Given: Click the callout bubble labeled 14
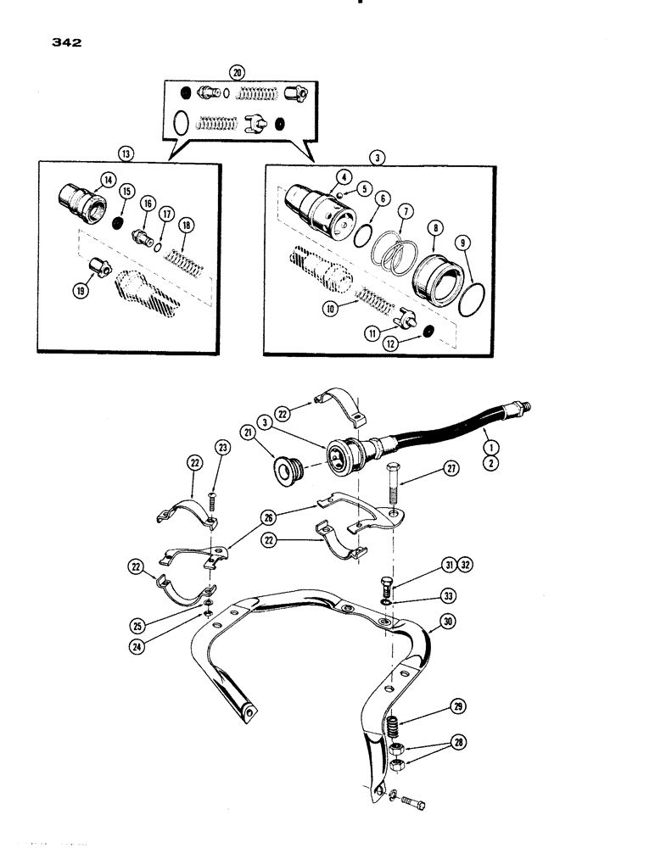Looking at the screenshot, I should tap(108, 179).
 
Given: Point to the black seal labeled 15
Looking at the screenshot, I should tap(119, 224).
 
